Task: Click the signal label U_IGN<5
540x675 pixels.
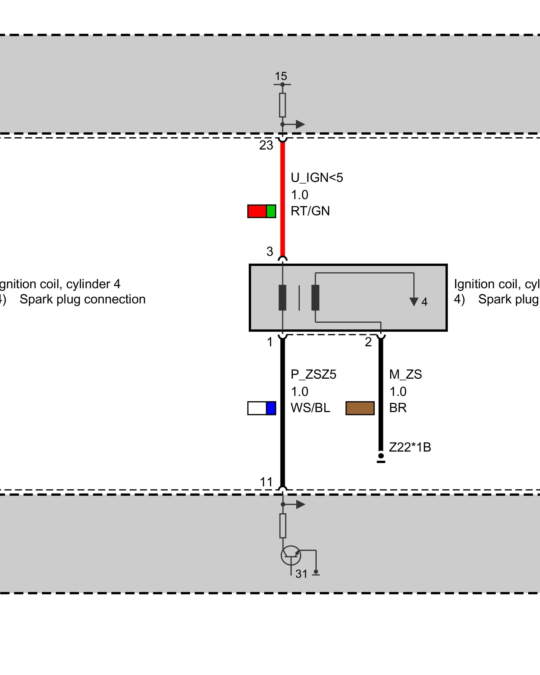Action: pos(317,178)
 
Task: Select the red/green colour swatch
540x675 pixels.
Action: pos(262,211)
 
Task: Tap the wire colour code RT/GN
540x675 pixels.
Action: pos(310,211)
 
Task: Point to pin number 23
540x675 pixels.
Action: pos(266,145)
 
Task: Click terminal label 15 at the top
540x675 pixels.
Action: pos(281,76)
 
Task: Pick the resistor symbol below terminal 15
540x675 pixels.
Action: pos(282,105)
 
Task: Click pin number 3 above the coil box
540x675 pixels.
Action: pos(270,251)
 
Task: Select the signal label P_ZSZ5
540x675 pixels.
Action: pos(313,375)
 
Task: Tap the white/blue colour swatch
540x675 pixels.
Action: pos(262,408)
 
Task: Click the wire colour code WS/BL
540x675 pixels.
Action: pos(310,408)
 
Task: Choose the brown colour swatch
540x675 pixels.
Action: pos(360,408)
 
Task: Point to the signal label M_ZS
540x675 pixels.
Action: pos(405,375)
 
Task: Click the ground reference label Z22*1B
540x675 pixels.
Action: pos(410,448)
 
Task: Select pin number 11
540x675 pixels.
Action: pos(266,482)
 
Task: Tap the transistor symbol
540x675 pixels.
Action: pos(291,556)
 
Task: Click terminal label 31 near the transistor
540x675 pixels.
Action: pos(301,574)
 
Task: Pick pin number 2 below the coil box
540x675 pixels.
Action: pos(368,342)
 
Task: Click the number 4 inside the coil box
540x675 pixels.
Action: pos(425,302)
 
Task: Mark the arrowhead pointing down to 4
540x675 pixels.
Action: pos(414,302)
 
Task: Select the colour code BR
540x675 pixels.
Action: pos(398,408)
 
